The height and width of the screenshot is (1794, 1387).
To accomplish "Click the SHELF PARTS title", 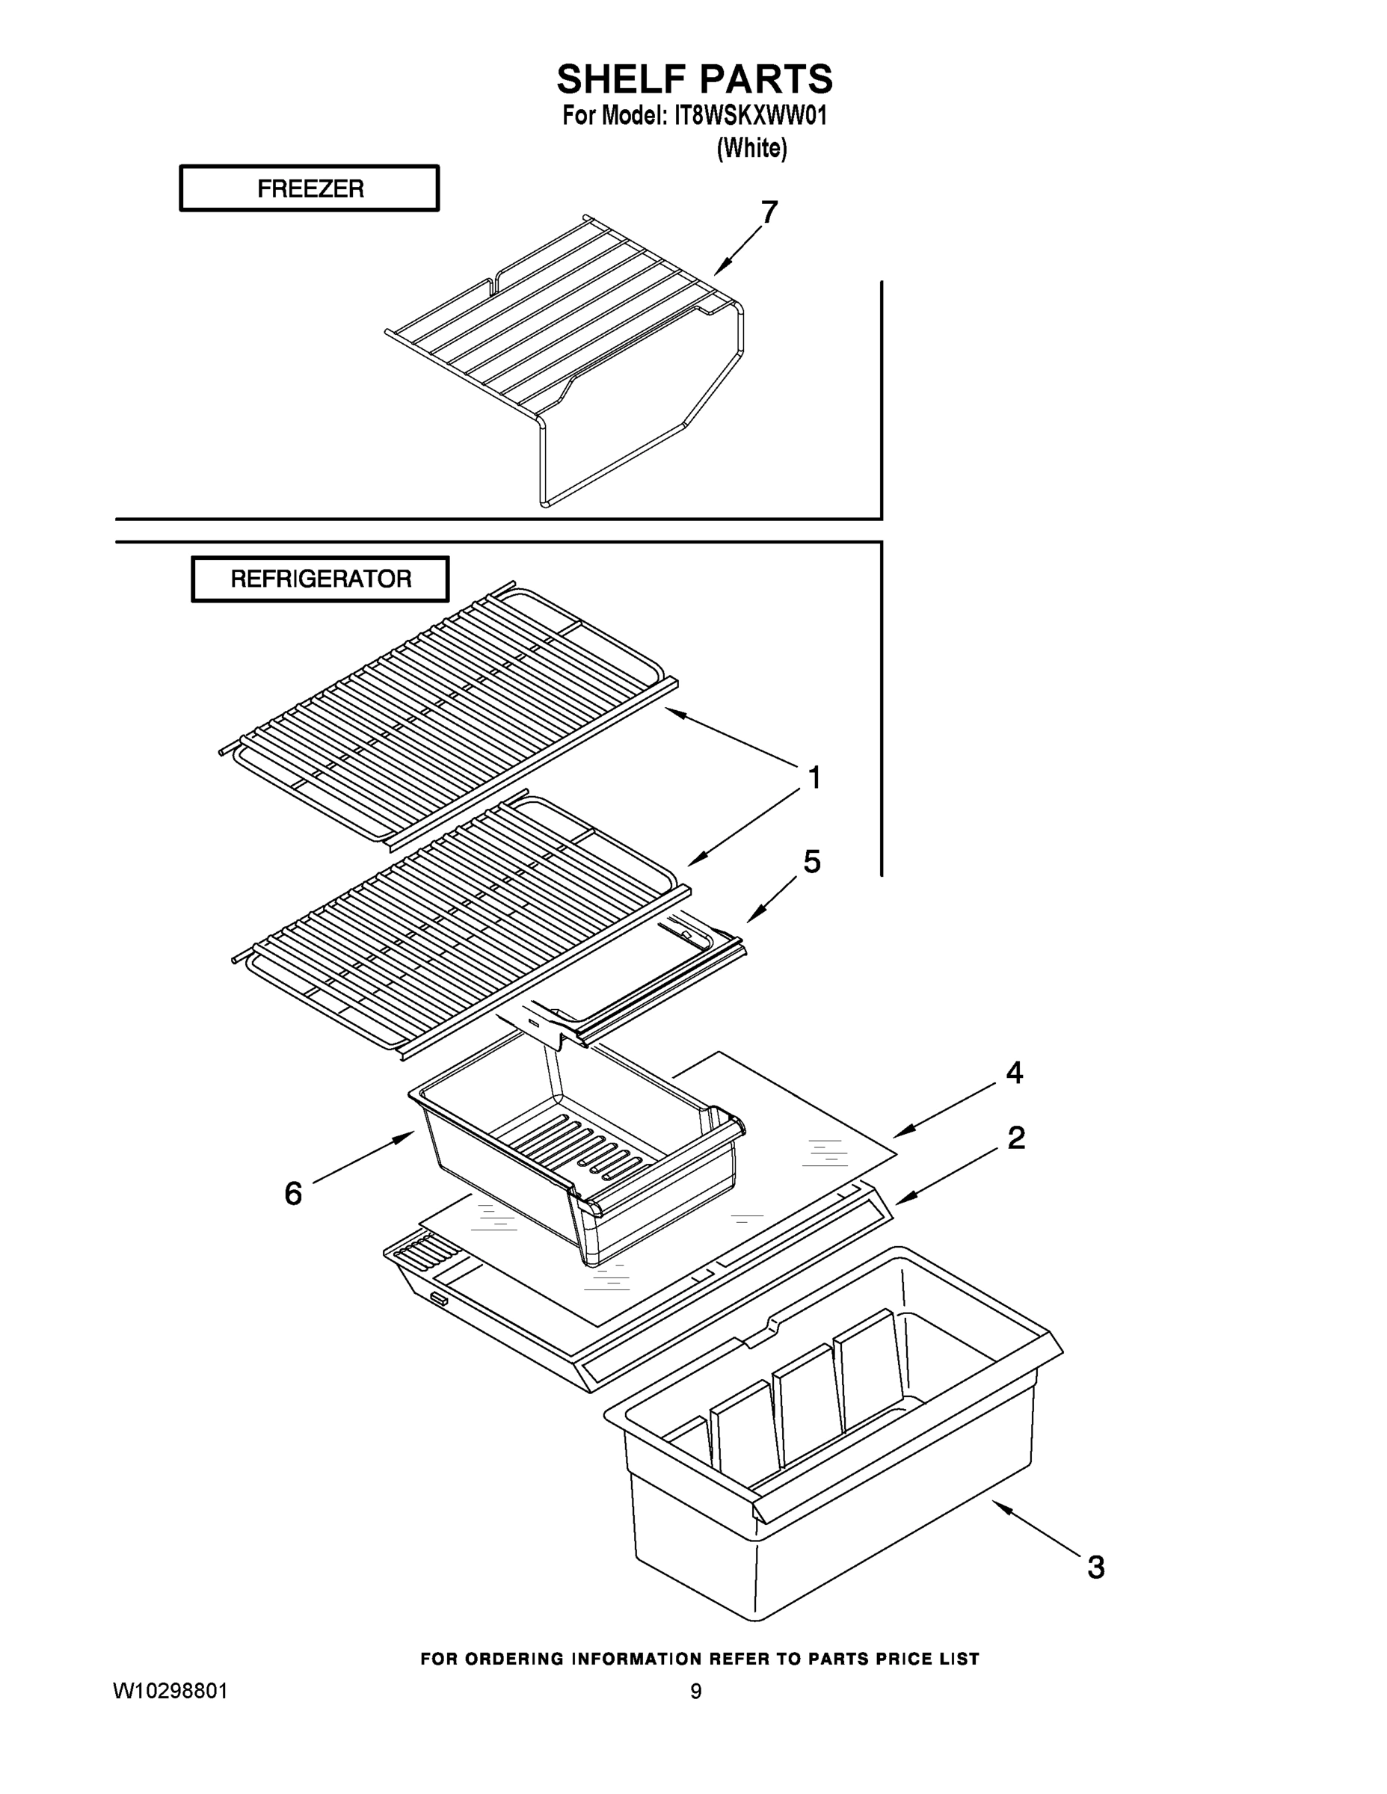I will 695,80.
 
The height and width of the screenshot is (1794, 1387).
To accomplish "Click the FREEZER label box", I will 309,188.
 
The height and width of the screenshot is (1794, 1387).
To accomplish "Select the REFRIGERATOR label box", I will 321,579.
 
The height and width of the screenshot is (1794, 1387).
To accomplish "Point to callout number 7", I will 769,213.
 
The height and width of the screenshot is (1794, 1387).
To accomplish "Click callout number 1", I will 814,777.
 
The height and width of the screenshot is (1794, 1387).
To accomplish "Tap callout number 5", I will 811,862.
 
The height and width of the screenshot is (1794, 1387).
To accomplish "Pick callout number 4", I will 1014,1073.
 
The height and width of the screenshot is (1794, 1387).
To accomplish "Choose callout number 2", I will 1015,1138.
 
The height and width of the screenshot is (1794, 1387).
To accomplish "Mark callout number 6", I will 293,1194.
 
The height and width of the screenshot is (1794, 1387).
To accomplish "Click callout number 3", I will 1095,1568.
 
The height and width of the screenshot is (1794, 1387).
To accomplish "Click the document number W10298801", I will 170,1692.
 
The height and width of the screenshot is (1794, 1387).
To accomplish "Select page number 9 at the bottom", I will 695,1692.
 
